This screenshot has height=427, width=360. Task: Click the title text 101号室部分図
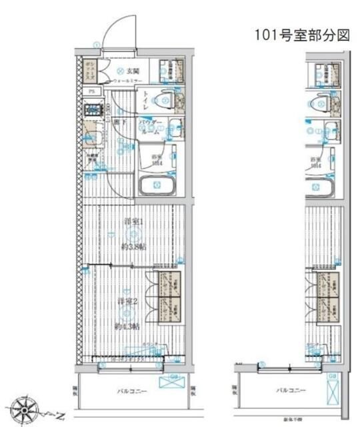[301, 35]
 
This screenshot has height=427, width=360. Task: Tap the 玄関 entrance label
[132, 70]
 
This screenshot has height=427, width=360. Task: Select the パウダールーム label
[151, 128]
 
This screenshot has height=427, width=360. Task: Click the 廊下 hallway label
[117, 122]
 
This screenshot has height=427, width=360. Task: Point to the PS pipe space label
[92, 91]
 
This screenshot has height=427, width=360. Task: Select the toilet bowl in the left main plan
[165, 101]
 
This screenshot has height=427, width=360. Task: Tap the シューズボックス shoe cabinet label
[89, 70]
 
